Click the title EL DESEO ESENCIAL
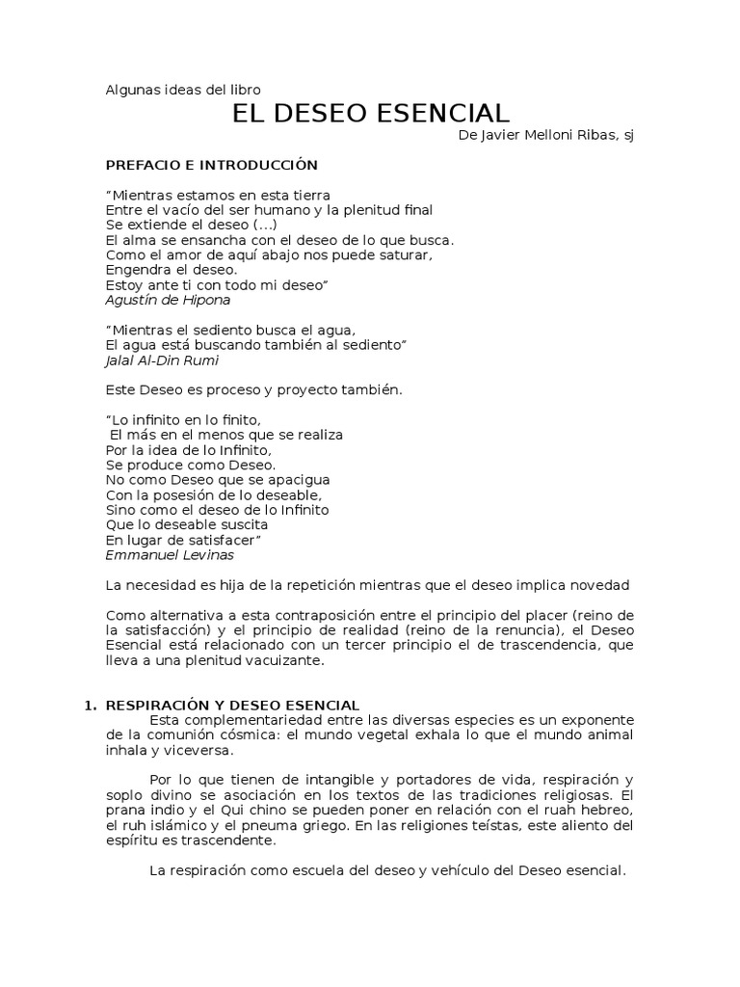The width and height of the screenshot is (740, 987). click(x=371, y=114)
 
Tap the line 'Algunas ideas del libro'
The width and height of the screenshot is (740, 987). click(x=182, y=91)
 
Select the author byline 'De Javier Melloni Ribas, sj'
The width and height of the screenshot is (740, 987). click(x=546, y=136)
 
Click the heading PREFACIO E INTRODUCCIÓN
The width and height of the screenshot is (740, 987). click(x=211, y=165)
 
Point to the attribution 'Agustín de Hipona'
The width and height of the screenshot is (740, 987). click(x=168, y=300)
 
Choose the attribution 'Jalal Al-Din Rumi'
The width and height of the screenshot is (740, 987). click(x=161, y=360)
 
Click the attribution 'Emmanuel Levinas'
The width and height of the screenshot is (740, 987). click(x=170, y=555)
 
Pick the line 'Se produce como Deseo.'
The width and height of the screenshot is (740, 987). click(x=177, y=465)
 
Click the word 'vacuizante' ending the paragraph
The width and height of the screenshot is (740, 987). click(x=290, y=660)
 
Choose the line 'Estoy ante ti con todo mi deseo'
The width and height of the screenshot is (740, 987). click(x=218, y=285)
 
